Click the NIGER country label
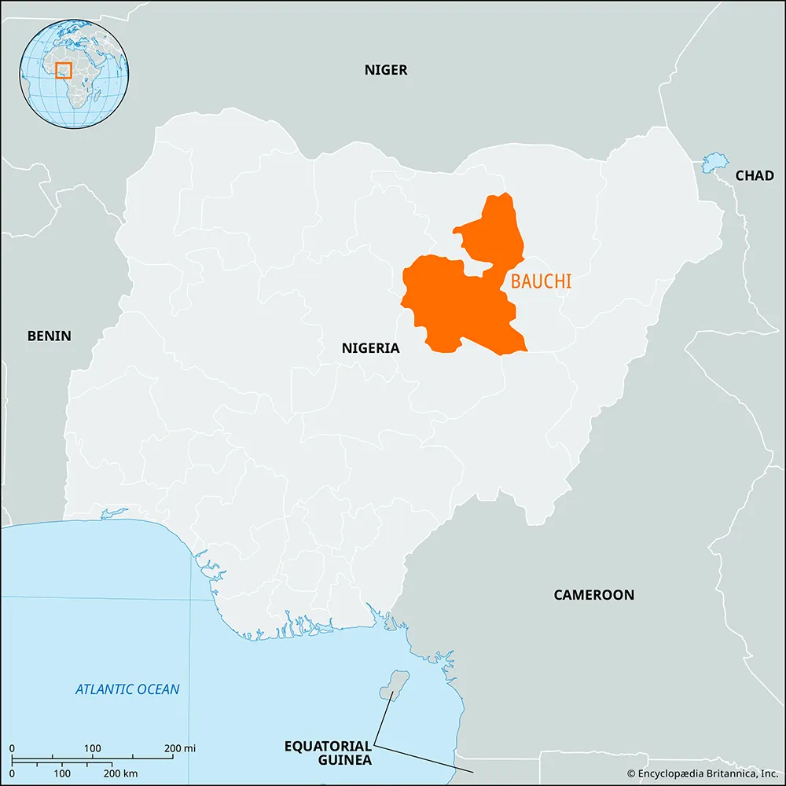[386, 70]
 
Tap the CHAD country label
[755, 176]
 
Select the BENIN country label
[49, 336]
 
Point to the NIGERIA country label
[370, 348]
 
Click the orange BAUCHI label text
[541, 281]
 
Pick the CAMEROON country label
[593, 595]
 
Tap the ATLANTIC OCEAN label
[127, 689]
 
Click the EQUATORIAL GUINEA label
[328, 752]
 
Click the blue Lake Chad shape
[714, 163]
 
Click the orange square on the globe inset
[64, 70]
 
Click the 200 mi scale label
[178, 747]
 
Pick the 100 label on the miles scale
[92, 747]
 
